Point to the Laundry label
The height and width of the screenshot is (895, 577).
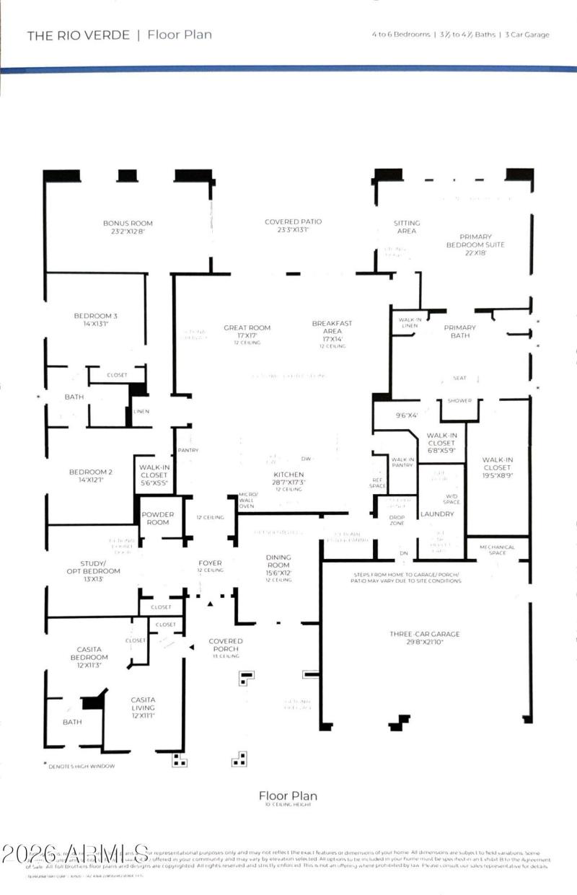437,514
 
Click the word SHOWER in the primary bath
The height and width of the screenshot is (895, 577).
459,401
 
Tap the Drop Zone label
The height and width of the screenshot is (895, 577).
397,519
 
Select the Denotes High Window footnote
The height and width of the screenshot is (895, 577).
79,766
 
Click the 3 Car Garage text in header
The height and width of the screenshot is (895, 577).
528,35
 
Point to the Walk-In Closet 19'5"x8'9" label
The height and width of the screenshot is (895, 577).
497,464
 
